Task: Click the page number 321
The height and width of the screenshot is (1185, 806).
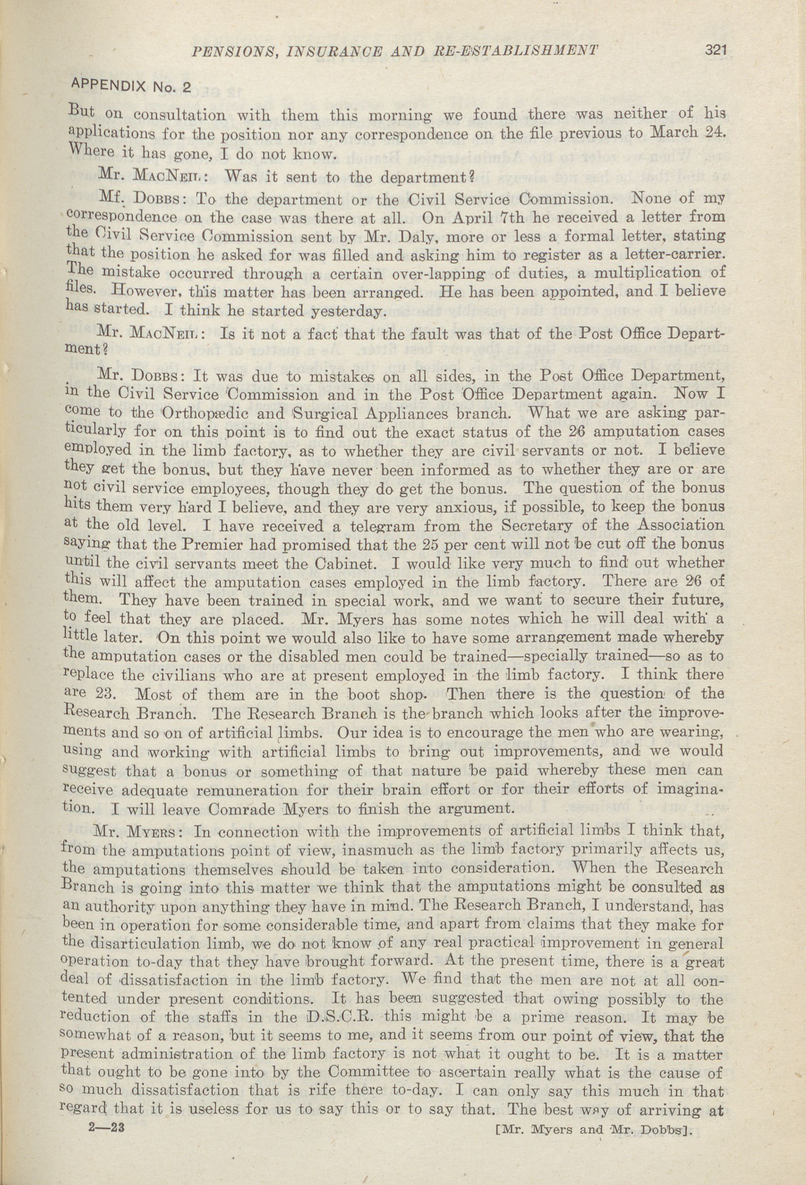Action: pyautogui.click(x=715, y=50)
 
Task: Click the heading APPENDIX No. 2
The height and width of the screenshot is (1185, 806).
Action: pyautogui.click(x=132, y=85)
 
